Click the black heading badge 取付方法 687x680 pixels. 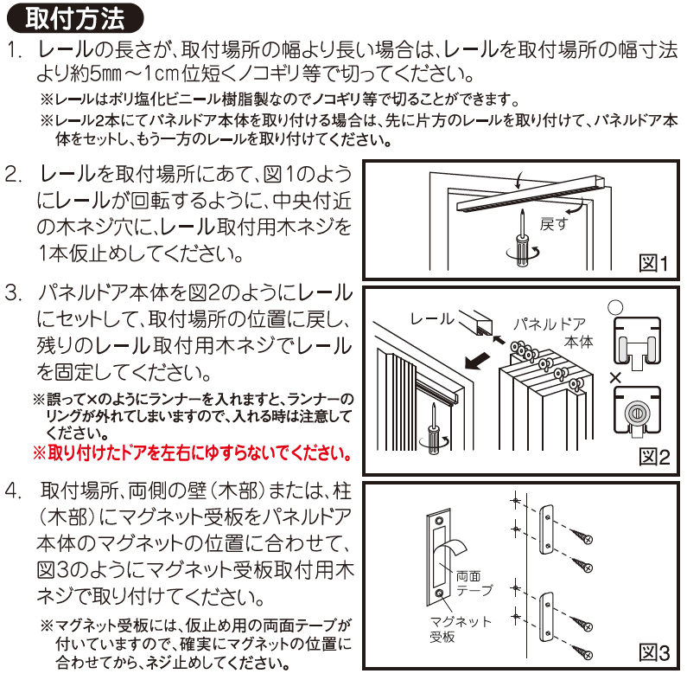[x=75, y=18]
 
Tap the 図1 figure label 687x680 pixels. [x=653, y=264]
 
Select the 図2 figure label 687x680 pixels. [x=654, y=457]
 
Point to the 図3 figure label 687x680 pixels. [x=654, y=652]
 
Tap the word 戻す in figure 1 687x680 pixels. [x=553, y=224]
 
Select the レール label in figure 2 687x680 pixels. [x=432, y=319]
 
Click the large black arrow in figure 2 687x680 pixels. [x=478, y=361]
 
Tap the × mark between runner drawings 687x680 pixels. [x=615, y=377]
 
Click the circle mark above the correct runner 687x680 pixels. [x=615, y=307]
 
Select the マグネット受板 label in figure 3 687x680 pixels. [x=460, y=629]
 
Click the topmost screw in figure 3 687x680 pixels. [x=582, y=536]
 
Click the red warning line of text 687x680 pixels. [x=193, y=452]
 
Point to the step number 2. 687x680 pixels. [x=13, y=175]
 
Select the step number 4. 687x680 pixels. [x=13, y=491]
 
